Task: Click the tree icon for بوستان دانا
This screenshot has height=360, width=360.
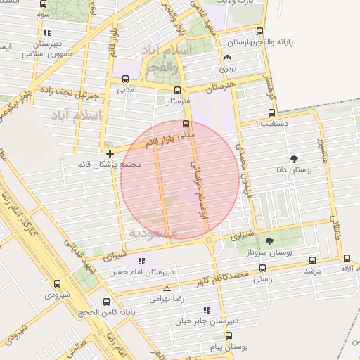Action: (x=294, y=159)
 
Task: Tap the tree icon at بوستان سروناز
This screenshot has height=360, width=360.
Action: (x=269, y=240)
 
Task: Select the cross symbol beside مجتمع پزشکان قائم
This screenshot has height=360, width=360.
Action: (x=110, y=153)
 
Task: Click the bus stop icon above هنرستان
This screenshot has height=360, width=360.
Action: (x=177, y=90)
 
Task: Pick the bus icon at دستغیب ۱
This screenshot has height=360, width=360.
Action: (x=271, y=112)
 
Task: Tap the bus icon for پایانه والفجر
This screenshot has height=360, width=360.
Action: (x=260, y=32)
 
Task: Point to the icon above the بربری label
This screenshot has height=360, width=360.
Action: (x=227, y=58)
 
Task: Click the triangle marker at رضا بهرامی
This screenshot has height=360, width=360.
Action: (x=167, y=288)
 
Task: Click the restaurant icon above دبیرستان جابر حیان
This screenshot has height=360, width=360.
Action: (x=206, y=309)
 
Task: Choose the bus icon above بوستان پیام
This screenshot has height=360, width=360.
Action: (x=228, y=335)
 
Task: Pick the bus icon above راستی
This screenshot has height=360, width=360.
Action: (x=262, y=268)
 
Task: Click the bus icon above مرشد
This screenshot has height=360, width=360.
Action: (x=311, y=259)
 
